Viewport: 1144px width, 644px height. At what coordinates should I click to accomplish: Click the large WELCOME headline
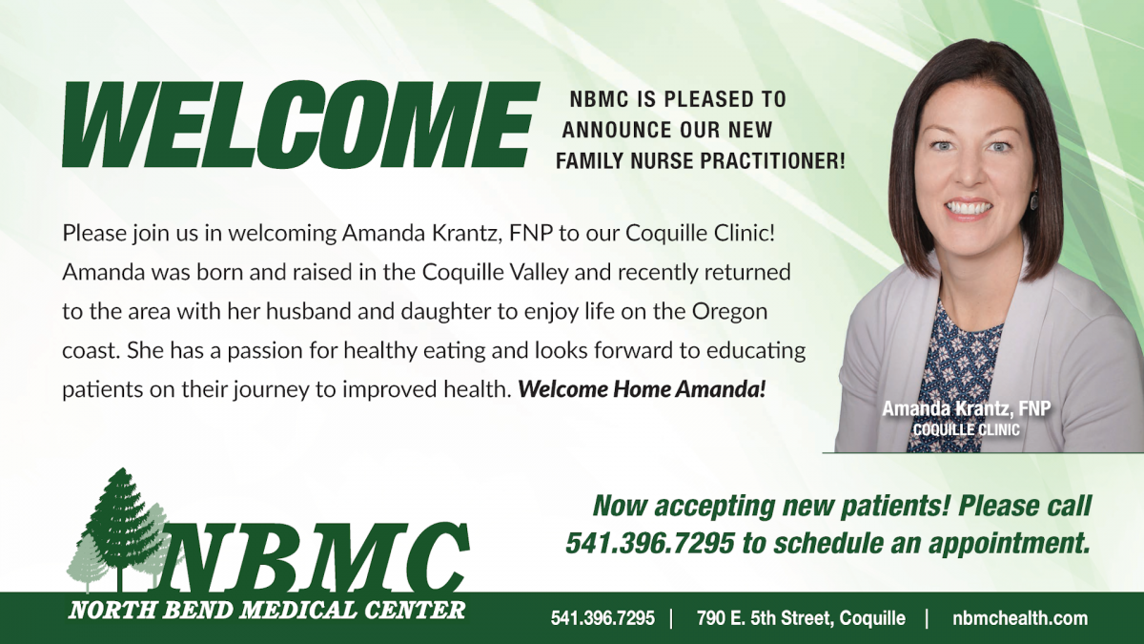coord(300,124)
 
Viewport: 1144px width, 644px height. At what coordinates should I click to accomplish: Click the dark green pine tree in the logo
coord(120,527)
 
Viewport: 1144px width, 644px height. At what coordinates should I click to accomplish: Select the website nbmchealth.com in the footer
coord(1020,618)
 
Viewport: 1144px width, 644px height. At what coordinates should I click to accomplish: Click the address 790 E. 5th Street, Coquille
coord(801,618)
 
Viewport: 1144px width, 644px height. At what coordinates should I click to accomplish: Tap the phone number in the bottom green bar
coord(603,618)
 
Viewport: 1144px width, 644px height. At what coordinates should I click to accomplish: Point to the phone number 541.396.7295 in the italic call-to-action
coord(649,543)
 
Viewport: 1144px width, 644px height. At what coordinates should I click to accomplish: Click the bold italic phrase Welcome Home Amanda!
coord(642,389)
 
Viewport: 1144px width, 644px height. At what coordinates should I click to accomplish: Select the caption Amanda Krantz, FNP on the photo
coord(967,409)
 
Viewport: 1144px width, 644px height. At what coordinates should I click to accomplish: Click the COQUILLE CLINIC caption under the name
coord(967,430)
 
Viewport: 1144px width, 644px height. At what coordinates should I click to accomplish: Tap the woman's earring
coord(1035,200)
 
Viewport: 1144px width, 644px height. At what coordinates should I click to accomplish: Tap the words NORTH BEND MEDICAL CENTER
coord(267,611)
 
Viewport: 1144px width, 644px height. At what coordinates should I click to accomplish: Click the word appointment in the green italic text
coord(1010,544)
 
